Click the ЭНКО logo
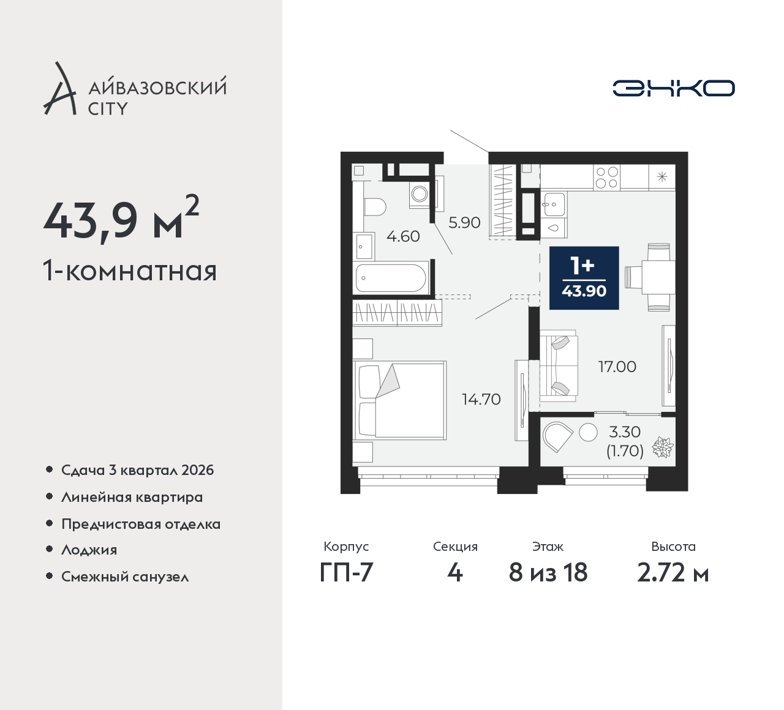[x=673, y=88]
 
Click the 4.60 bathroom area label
[x=403, y=236]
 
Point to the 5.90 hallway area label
[x=464, y=223]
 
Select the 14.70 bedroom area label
[x=481, y=399]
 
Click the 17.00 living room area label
[x=617, y=367]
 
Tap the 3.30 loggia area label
[x=625, y=432]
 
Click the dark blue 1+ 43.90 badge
[x=584, y=278]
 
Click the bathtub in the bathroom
[x=391, y=278]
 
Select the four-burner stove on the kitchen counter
[x=607, y=177]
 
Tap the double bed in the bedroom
[x=399, y=400]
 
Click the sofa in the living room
[x=559, y=366]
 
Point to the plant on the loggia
[x=663, y=447]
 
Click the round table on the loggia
[x=588, y=432]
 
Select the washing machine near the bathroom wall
[x=420, y=193]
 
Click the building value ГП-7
[x=347, y=573]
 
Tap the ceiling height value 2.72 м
[x=673, y=573]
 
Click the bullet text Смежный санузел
[x=125, y=577]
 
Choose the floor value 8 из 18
[x=548, y=573]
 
